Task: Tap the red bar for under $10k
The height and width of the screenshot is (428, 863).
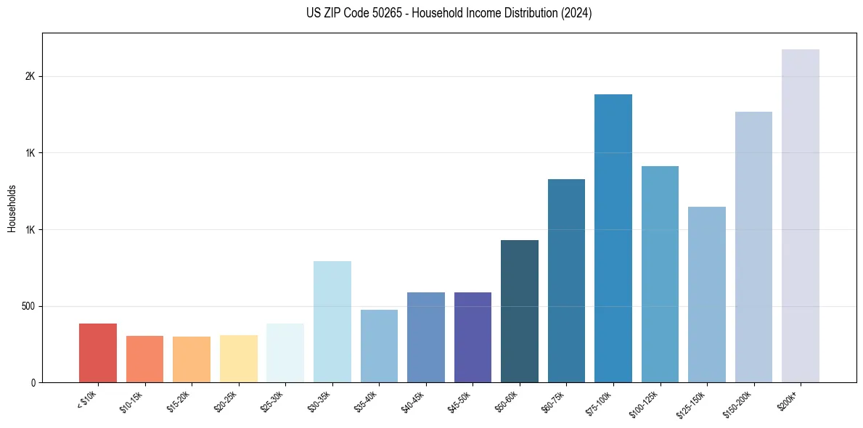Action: tap(98, 353)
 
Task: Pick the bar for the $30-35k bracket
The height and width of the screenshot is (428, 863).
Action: tap(332, 321)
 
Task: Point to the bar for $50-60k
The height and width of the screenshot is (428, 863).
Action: tap(520, 311)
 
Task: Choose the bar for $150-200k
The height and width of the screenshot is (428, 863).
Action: tap(753, 247)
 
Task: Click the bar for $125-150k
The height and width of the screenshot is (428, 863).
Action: tap(707, 295)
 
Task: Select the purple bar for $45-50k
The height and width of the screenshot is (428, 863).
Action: tap(473, 337)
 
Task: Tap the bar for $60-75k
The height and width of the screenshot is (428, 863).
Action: tap(566, 281)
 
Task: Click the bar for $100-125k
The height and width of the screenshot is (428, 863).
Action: tap(660, 274)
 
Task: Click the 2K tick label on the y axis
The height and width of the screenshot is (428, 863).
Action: tap(30, 77)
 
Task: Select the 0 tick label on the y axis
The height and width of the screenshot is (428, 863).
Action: tap(33, 382)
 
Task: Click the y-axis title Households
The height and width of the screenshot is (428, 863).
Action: tap(12, 208)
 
